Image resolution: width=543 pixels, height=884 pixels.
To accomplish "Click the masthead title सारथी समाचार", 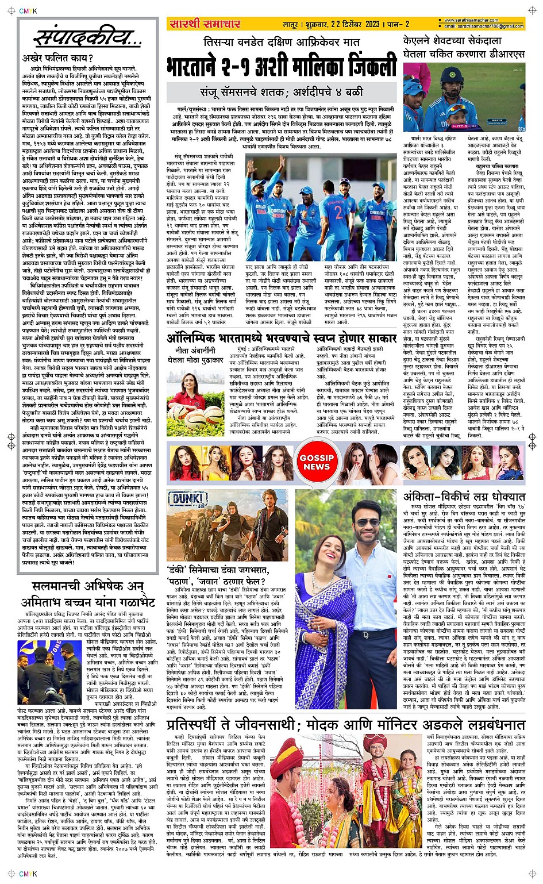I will click(205, 24).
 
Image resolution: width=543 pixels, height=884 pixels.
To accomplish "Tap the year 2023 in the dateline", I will click(372, 24).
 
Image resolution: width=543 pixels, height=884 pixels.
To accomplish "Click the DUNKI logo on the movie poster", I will click(189, 498).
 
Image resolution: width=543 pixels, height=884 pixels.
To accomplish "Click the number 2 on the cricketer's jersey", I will click(338, 213).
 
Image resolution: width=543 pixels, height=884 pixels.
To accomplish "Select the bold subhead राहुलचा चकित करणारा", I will click(497, 166).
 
